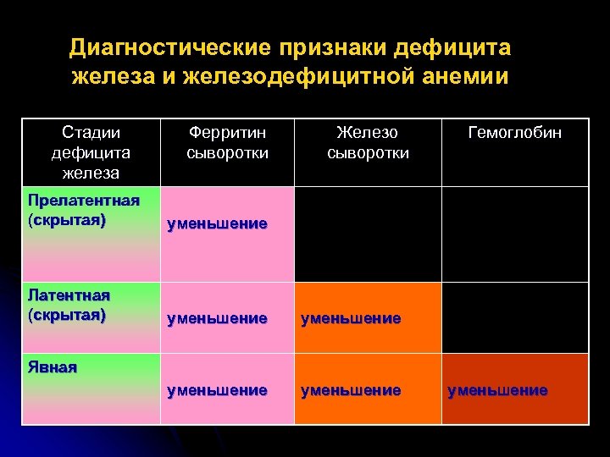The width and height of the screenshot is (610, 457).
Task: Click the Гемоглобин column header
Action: pyautogui.click(x=515, y=133)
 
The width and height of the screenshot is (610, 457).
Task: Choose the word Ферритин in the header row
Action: pyautogui.click(x=227, y=133)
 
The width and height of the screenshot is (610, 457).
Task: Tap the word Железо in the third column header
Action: pyautogui.click(x=367, y=133)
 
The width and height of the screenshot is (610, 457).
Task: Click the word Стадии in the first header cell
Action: pyautogui.click(x=91, y=133)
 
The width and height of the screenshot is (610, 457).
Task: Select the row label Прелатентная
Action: pyautogui.click(x=83, y=200)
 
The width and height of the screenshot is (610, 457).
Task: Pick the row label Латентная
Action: pyautogui.click(x=69, y=295)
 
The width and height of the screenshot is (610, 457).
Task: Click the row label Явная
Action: pyautogui.click(x=53, y=366)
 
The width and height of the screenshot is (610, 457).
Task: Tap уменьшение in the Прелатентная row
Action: pyautogui.click(x=218, y=224)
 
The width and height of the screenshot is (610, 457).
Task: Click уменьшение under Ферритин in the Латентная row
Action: pyautogui.click(x=218, y=319)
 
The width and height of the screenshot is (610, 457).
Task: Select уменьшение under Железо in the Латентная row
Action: pyautogui.click(x=351, y=319)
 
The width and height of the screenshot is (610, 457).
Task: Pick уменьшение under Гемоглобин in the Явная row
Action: pyautogui.click(x=498, y=390)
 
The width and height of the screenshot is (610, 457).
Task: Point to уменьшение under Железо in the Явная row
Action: pyautogui.click(x=351, y=390)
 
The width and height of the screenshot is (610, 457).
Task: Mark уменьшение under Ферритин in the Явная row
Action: pyautogui.click(x=218, y=390)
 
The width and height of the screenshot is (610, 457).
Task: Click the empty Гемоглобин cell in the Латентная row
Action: pyautogui.click(x=515, y=317)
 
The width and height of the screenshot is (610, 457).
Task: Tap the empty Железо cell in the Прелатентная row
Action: pyautogui.click(x=367, y=234)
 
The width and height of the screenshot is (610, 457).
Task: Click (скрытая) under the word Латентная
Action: pyautogui.click(x=67, y=315)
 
